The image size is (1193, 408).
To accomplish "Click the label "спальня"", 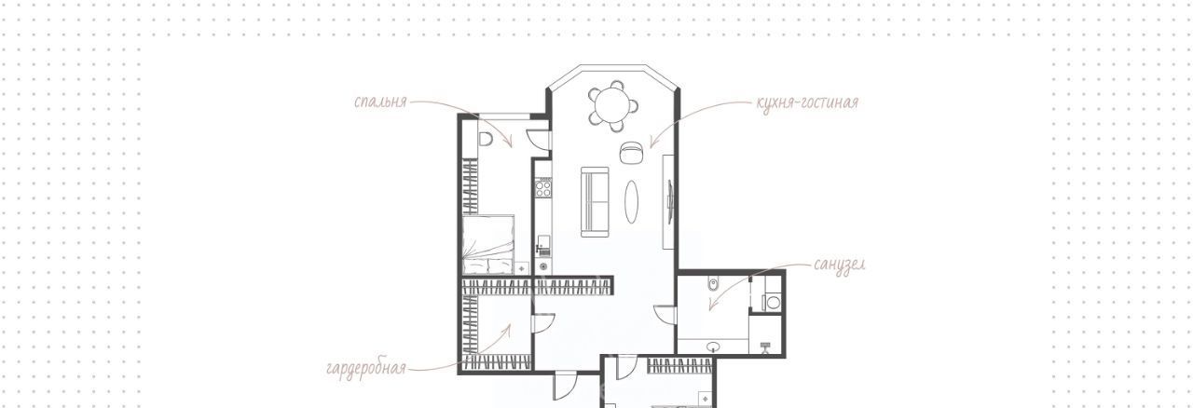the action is pyautogui.click(x=380, y=102).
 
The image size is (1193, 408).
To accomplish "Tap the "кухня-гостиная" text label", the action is pyautogui.click(x=807, y=102).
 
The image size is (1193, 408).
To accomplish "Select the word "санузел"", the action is pyautogui.click(x=840, y=265).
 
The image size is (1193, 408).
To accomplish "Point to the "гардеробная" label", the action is pyautogui.click(x=366, y=368).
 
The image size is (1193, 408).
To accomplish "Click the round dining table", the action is pyautogui.click(x=613, y=105).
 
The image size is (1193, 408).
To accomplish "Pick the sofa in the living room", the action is pyautogui.click(x=595, y=201).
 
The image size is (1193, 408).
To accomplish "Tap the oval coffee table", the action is pyautogui.click(x=632, y=201).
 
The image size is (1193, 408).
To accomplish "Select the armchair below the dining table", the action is pyautogui.click(x=632, y=153).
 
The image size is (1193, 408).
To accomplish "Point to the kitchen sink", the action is pyautogui.click(x=542, y=246).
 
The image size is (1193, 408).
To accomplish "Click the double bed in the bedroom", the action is pyautogui.click(x=488, y=244).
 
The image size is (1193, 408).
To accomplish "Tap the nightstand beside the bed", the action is pyautogui.click(x=521, y=268).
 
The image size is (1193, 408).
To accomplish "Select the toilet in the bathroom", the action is pyautogui.click(x=714, y=285).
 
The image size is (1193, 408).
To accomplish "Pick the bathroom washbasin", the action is pyautogui.click(x=714, y=347).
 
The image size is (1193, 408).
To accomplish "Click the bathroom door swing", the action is pyautogui.click(x=665, y=314).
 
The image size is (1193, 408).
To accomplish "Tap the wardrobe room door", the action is pyautogui.click(x=543, y=323).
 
